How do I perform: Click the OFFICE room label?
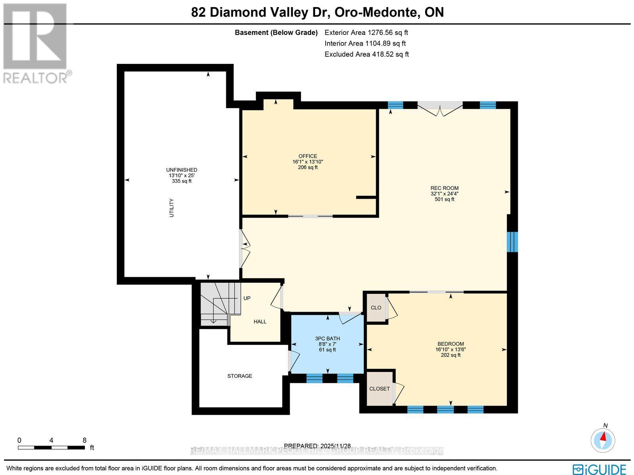pyautogui.click(x=308, y=156)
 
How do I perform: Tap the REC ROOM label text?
pyautogui.click(x=444, y=188)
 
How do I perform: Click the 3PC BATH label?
pyautogui.click(x=327, y=339)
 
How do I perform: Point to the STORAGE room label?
pyautogui.click(x=240, y=376)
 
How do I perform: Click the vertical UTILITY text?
pyautogui.click(x=172, y=208)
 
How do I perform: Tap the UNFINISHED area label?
pyautogui.click(x=181, y=170)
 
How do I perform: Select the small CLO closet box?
pyautogui.click(x=376, y=308)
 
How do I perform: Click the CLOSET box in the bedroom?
pyautogui.click(x=380, y=389)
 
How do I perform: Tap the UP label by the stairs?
pyautogui.click(x=247, y=298)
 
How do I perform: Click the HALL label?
pyautogui.click(x=260, y=322)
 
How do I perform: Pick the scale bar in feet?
pyautogui.click(x=52, y=447)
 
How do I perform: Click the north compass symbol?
pyautogui.click(x=603, y=440)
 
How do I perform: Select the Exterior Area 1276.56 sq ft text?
pyautogui.click(x=366, y=33)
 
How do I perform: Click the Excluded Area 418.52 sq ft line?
pyautogui.click(x=367, y=54)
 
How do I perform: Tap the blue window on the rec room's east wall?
pyautogui.click(x=512, y=242)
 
